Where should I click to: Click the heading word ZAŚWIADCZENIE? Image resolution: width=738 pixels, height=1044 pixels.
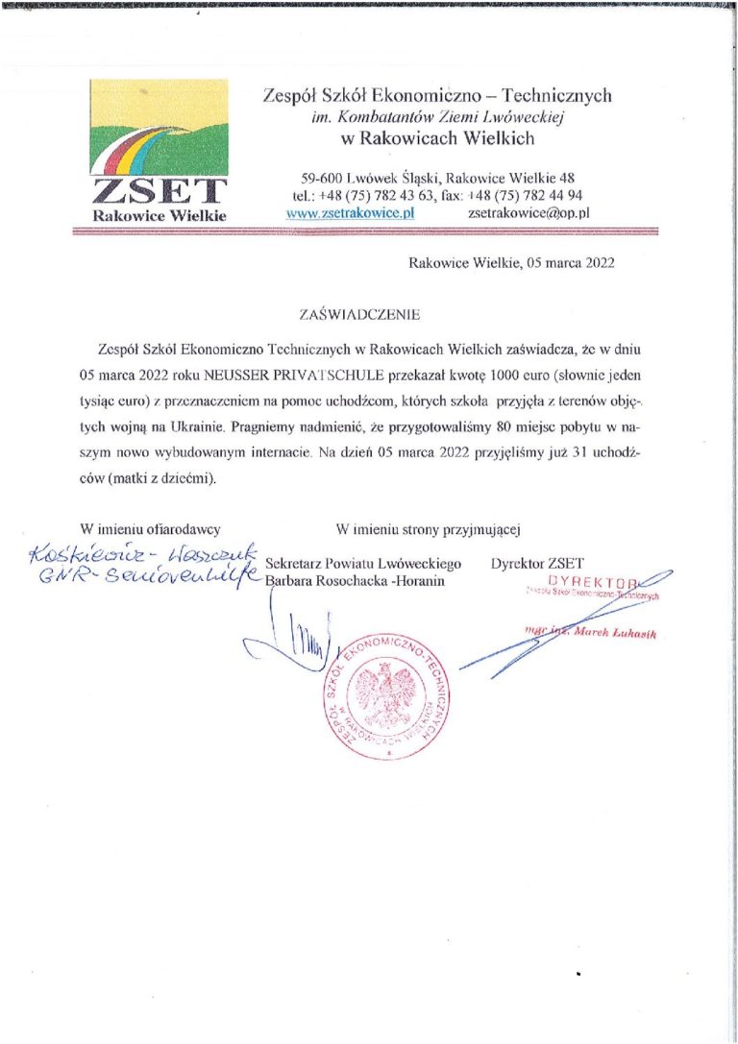(x=360, y=314)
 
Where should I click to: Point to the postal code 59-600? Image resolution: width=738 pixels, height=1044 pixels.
(x=322, y=177)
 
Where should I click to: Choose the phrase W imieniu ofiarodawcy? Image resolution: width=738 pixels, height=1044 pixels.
(x=152, y=527)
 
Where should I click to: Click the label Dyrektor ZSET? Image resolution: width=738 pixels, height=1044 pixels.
(x=536, y=563)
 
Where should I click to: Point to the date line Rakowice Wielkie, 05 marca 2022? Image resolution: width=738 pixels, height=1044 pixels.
(x=510, y=261)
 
